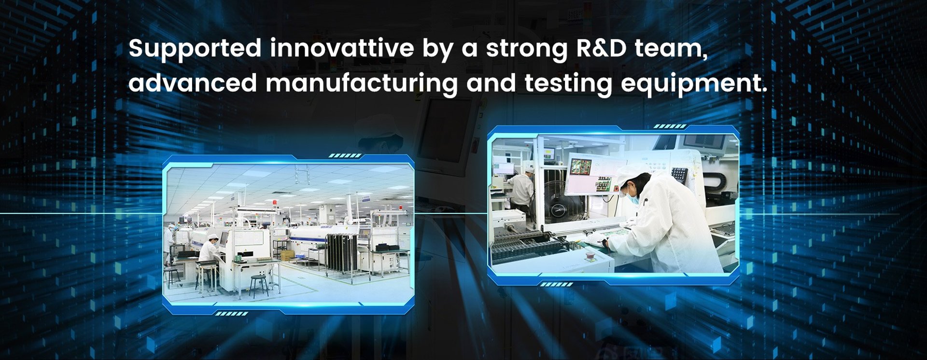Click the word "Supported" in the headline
[195, 49]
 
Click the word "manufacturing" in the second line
[361, 83]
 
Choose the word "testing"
[568, 83]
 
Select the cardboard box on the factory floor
[287, 254]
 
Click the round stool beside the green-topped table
[259, 285]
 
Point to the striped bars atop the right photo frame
[670, 126]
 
